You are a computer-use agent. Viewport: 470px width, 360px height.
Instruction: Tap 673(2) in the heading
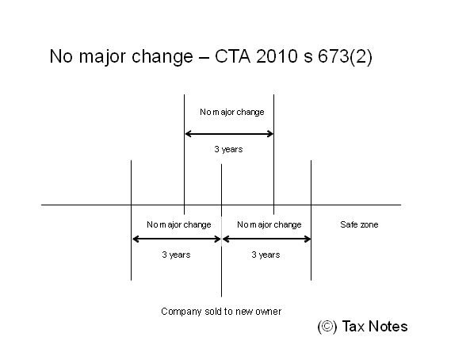[345, 57]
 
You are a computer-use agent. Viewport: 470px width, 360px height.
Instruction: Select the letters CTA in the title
[232, 56]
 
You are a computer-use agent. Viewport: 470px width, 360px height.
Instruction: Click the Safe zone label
[359, 224]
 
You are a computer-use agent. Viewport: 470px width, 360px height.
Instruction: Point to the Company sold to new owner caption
[221, 312]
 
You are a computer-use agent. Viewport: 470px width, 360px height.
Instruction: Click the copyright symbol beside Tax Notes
[327, 327]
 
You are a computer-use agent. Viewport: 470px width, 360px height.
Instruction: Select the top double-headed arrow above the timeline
[229, 134]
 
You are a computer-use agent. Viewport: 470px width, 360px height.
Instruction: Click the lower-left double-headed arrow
[177, 239]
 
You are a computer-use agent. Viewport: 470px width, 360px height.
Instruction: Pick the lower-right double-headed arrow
[267, 239]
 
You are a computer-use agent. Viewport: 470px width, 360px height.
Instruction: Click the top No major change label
[232, 112]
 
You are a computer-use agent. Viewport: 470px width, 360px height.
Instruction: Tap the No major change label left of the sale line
[179, 224]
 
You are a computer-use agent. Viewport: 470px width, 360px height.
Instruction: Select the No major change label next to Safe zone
[269, 224]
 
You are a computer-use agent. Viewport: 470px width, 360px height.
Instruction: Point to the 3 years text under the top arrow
[228, 149]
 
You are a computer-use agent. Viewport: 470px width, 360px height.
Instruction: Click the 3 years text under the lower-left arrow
[176, 255]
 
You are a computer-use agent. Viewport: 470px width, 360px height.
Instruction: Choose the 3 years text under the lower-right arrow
[266, 255]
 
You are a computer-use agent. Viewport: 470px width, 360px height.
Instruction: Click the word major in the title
[102, 57]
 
